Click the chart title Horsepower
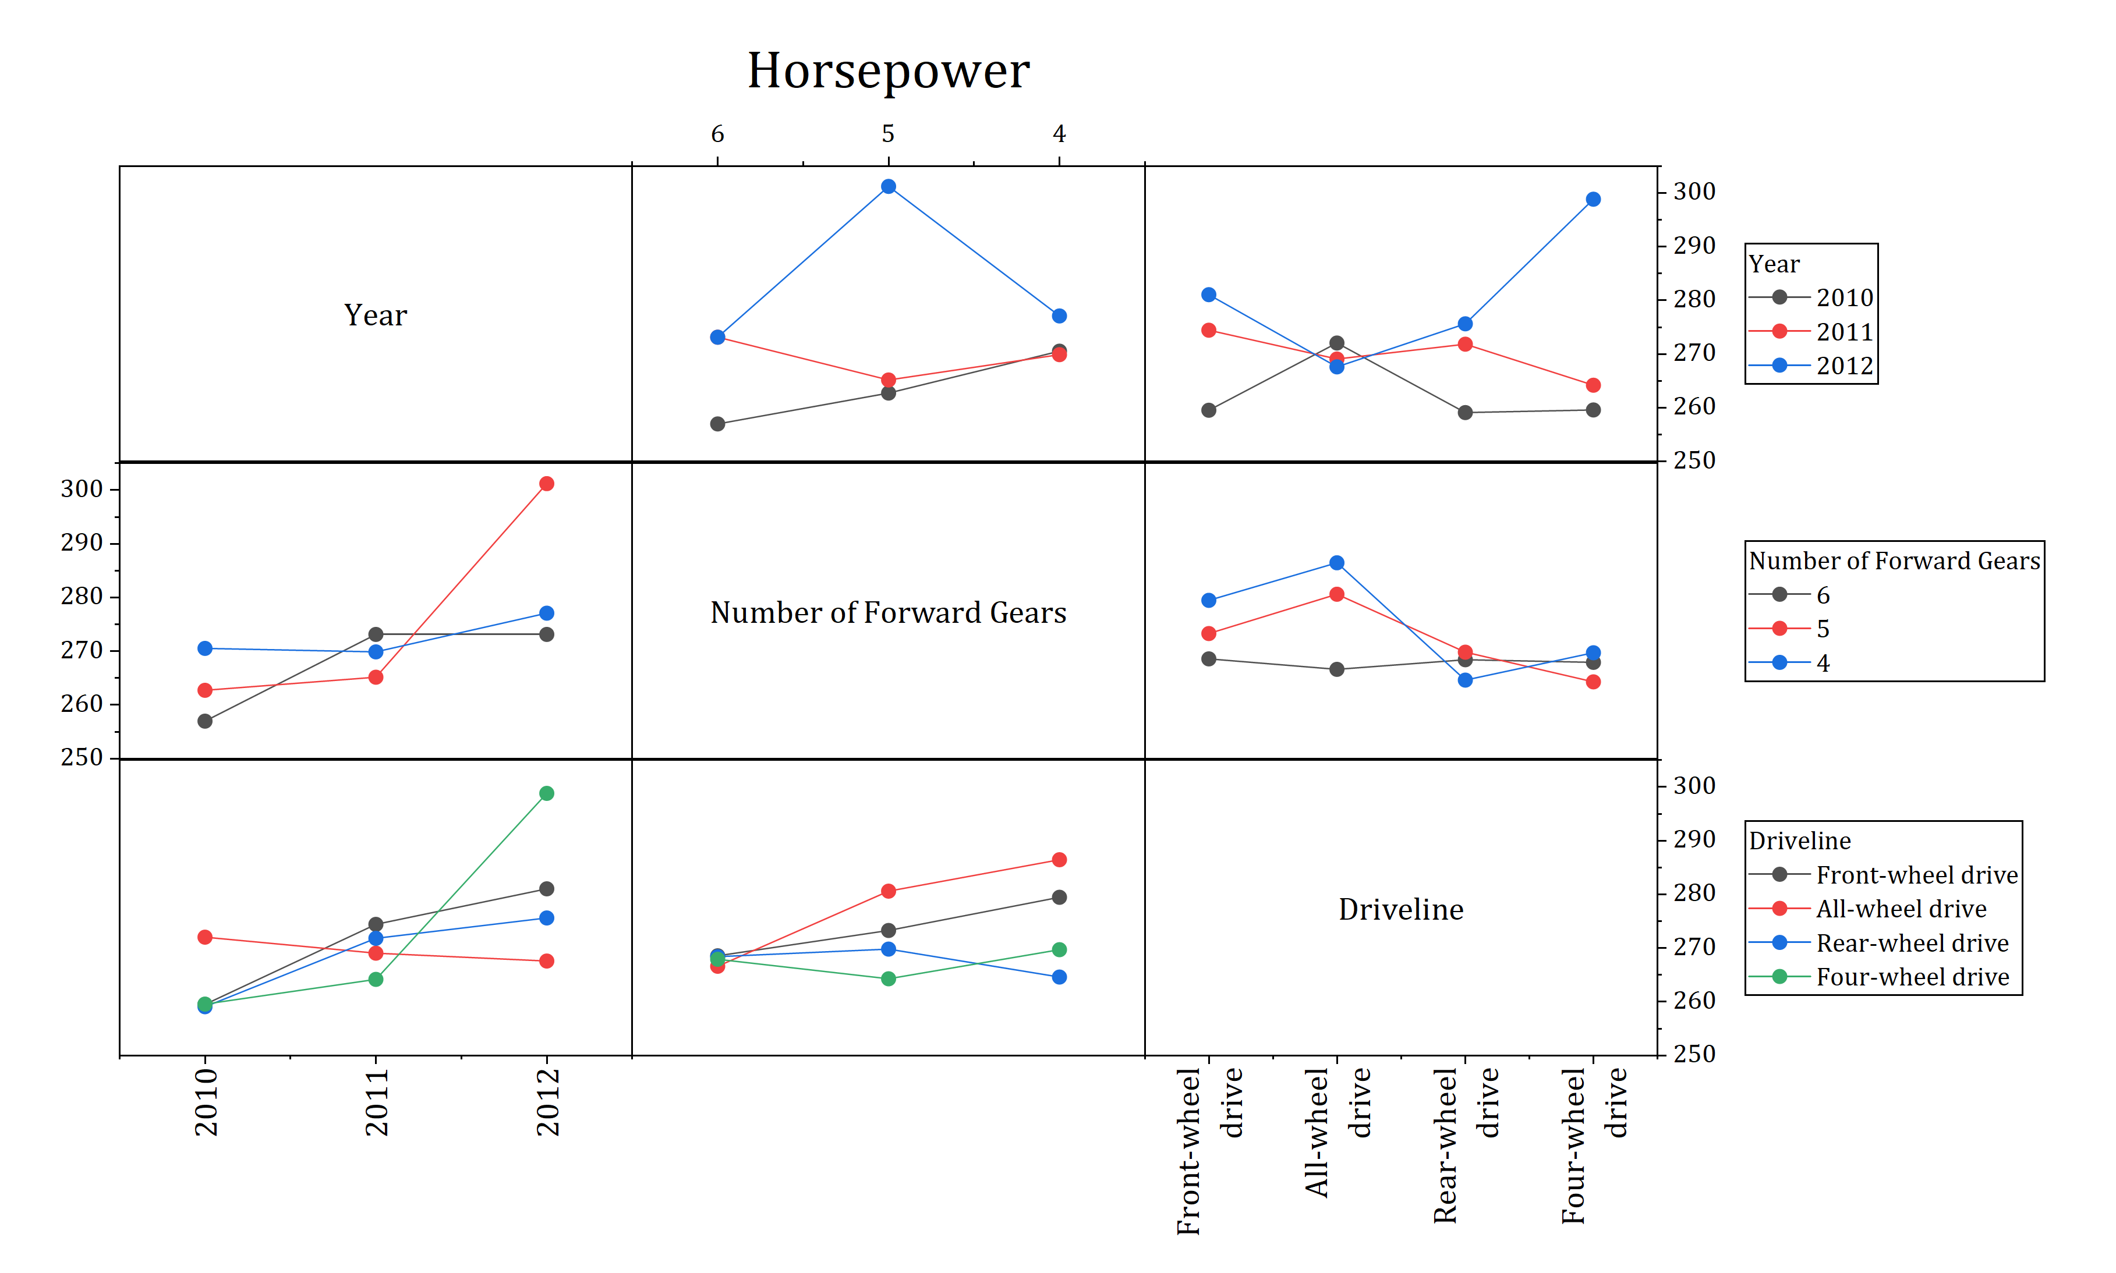click(887, 70)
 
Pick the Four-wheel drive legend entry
click(1912, 977)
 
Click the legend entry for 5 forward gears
click(1823, 629)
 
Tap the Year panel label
click(375, 315)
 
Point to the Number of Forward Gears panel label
click(887, 612)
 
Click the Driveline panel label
click(1400, 909)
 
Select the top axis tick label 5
click(887, 134)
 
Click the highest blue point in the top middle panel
click(888, 187)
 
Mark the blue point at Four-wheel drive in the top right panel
click(1593, 200)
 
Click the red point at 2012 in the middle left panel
click(547, 484)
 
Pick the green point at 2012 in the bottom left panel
click(547, 793)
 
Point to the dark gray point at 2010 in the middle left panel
click(205, 721)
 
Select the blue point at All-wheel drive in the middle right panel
click(1336, 563)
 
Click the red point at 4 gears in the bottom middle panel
click(1059, 860)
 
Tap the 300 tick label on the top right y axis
click(1694, 192)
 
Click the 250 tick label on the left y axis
click(82, 757)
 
